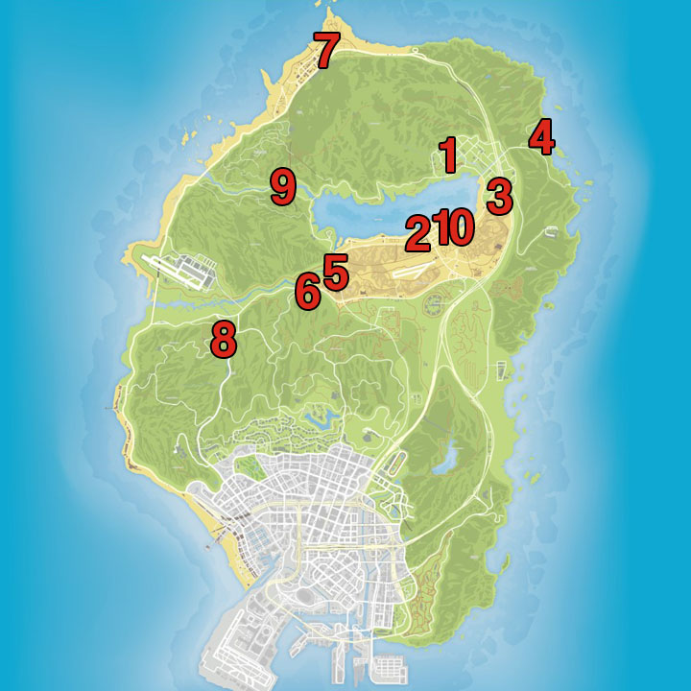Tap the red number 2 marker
click(x=418, y=232)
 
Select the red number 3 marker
click(x=499, y=196)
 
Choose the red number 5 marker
click(x=335, y=272)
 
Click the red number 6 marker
click(x=307, y=291)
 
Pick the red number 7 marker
click(x=325, y=51)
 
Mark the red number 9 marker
click(x=282, y=186)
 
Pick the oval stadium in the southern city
click(x=306, y=596)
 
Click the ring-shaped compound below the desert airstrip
click(x=434, y=305)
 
